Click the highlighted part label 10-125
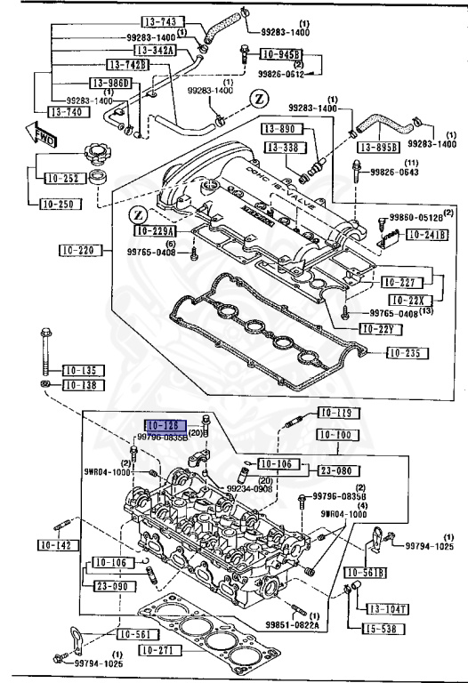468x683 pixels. point(165,425)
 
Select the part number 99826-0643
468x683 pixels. point(398,173)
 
